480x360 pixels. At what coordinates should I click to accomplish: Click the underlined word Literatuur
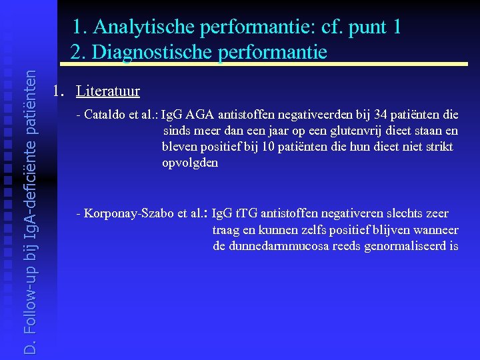[108, 91]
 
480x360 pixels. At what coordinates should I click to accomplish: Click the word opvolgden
[189, 163]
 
